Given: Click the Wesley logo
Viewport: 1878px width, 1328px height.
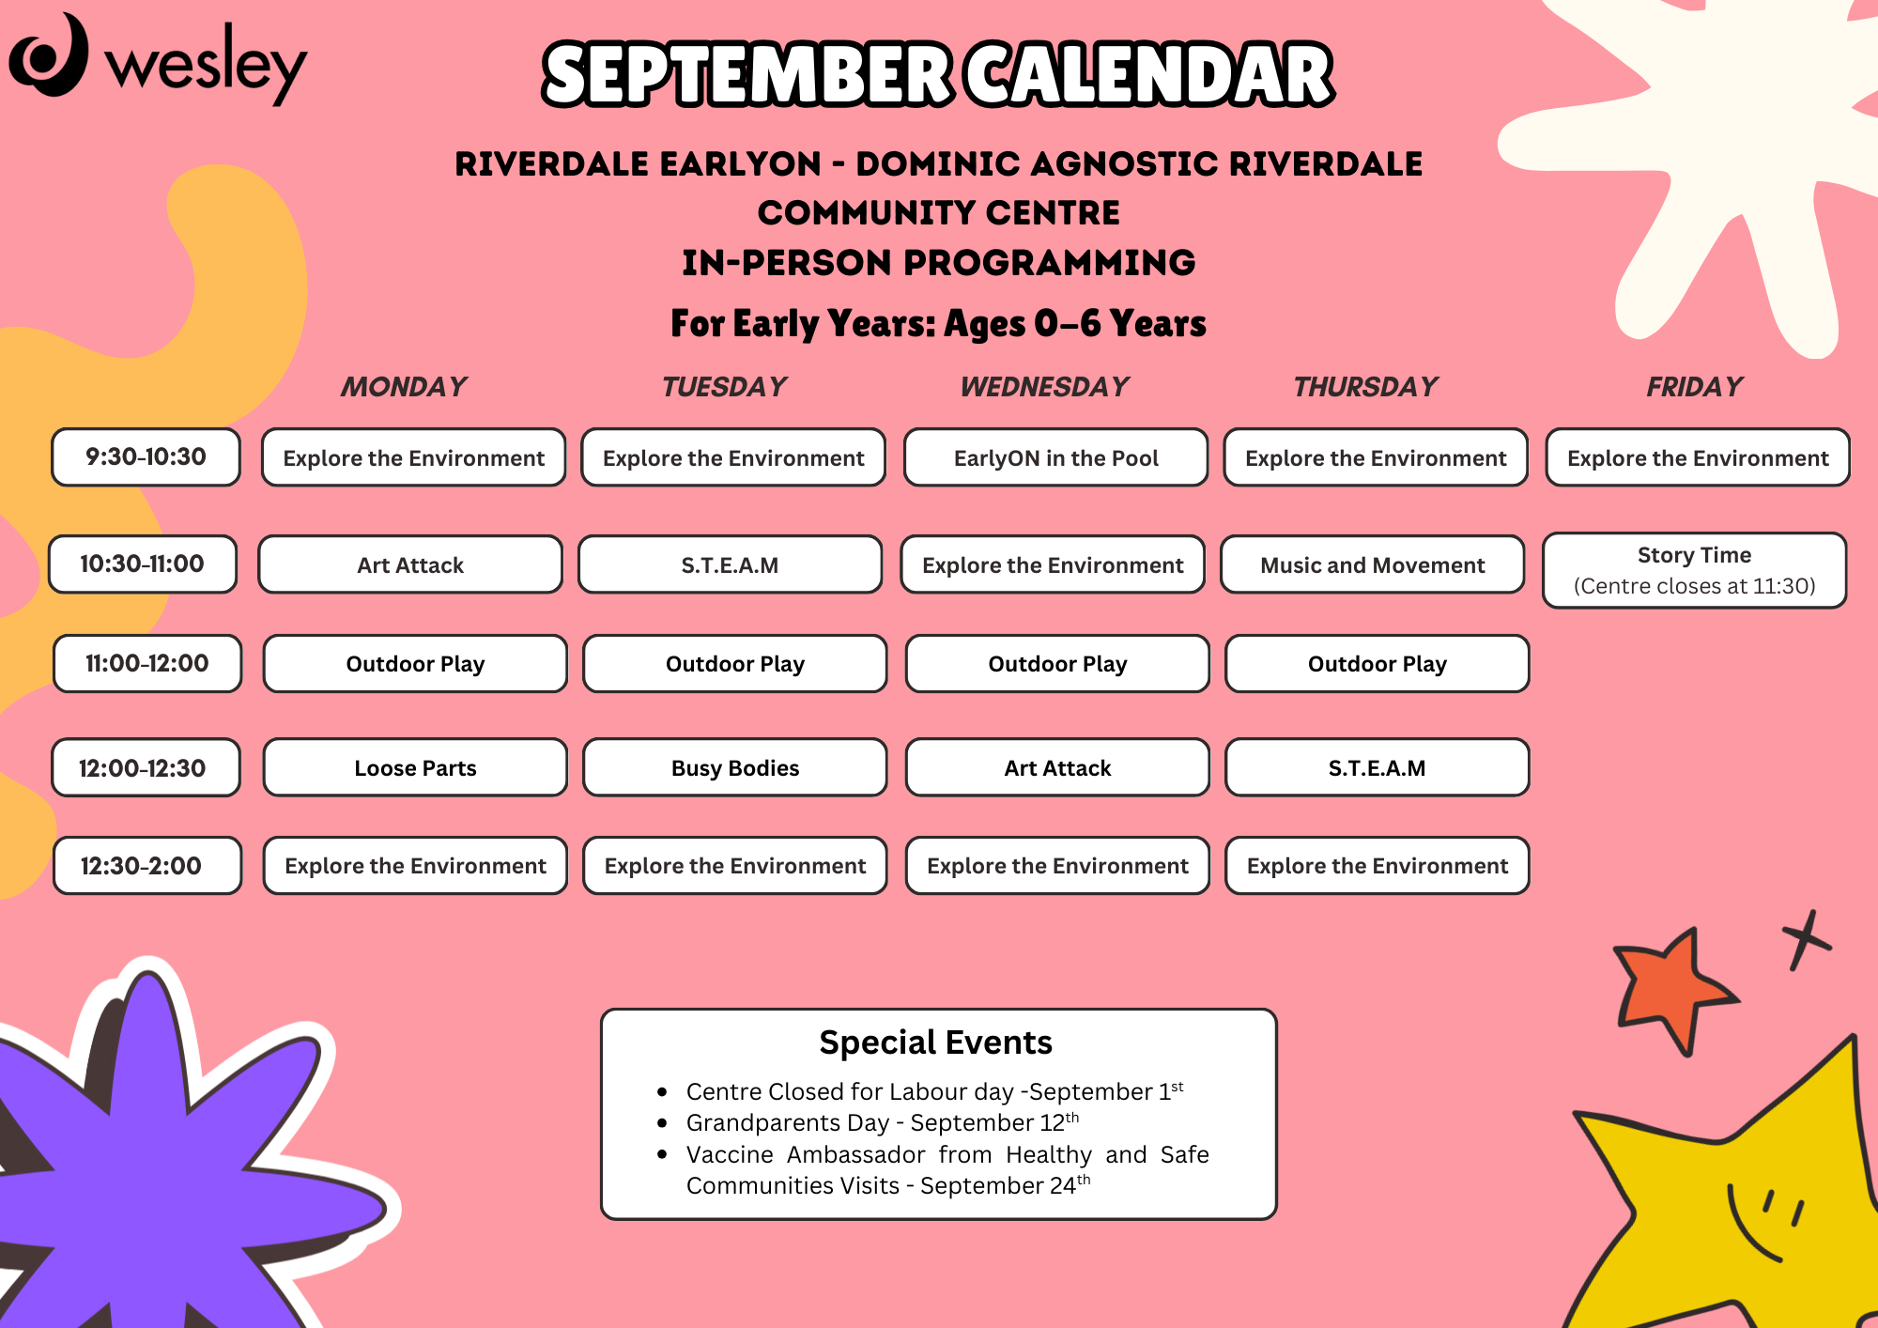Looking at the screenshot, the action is click(158, 58).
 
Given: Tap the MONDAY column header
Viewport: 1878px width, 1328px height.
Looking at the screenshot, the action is click(404, 387).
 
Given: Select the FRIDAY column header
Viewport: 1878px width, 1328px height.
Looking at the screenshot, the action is click(1695, 387).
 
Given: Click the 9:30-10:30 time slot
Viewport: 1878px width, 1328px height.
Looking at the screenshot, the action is click(146, 457).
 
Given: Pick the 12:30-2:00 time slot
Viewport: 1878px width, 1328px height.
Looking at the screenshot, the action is click(147, 865).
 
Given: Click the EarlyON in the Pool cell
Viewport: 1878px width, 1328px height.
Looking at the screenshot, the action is click(1056, 457).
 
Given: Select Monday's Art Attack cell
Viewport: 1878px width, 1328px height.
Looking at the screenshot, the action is click(410, 564).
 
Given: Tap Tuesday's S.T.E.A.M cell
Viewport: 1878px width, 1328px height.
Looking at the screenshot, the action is click(730, 564).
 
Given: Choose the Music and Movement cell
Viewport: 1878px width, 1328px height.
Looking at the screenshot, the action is click(1373, 564).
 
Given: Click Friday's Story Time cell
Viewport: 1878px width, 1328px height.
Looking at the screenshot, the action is click(1695, 570).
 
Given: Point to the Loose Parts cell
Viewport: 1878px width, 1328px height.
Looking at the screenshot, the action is click(415, 767).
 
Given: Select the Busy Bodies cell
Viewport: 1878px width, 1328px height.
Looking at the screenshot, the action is click(735, 767).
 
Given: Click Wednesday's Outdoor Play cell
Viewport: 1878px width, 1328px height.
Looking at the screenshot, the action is click(1057, 663).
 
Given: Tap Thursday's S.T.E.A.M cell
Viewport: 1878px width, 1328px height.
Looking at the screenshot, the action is click(1378, 767).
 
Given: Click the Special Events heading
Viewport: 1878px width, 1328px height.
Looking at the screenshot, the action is click(935, 1042).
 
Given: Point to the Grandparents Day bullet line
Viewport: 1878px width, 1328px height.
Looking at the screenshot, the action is click(883, 1122).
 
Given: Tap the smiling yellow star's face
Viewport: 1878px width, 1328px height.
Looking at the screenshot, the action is click(1765, 1221).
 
